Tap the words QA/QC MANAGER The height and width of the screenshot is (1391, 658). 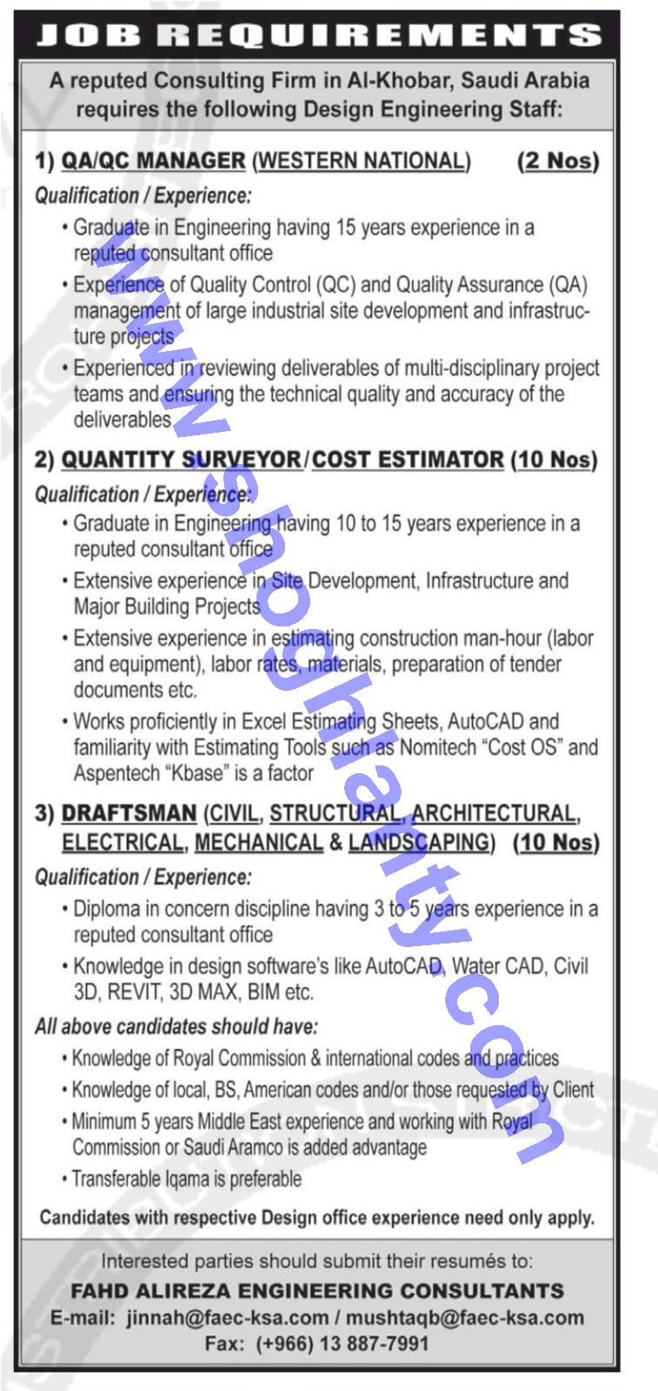coord(153,161)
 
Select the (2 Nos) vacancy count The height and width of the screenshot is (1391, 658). coord(558,161)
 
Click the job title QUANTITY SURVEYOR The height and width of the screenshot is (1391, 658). coord(180,460)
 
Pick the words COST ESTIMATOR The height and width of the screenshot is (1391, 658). coord(408,460)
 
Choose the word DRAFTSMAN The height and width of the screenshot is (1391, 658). coord(129,814)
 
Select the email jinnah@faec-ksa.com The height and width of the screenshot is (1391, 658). coord(227,1317)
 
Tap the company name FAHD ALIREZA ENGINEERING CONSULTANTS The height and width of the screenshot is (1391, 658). coord(317,1290)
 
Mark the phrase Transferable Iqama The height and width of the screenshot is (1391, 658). coord(130,1179)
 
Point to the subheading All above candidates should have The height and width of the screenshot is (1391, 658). coord(176,1027)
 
